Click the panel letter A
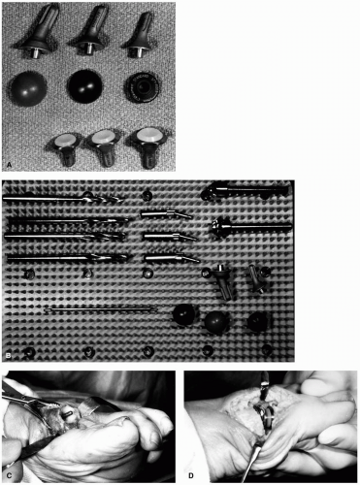[9, 165]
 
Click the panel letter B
[9, 356]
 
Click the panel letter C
[10, 475]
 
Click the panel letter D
[191, 475]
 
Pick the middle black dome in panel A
[84, 85]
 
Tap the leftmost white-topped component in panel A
[64, 147]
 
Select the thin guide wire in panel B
[101, 309]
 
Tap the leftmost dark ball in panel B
[183, 314]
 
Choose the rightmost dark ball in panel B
[258, 322]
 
